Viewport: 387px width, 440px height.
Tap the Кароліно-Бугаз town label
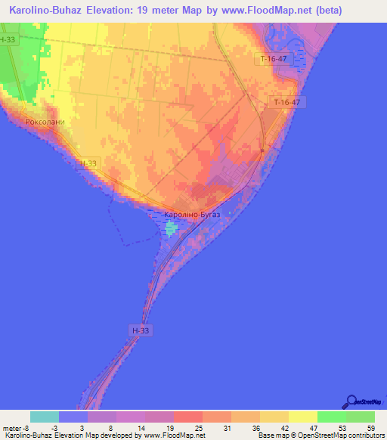(x=192, y=215)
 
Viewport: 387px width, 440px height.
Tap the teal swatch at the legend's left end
(x=45, y=417)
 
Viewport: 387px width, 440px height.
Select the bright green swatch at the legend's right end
(x=360, y=417)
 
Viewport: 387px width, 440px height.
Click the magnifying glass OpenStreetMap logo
(x=351, y=401)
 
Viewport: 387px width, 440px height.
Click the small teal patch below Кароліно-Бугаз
(x=172, y=228)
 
